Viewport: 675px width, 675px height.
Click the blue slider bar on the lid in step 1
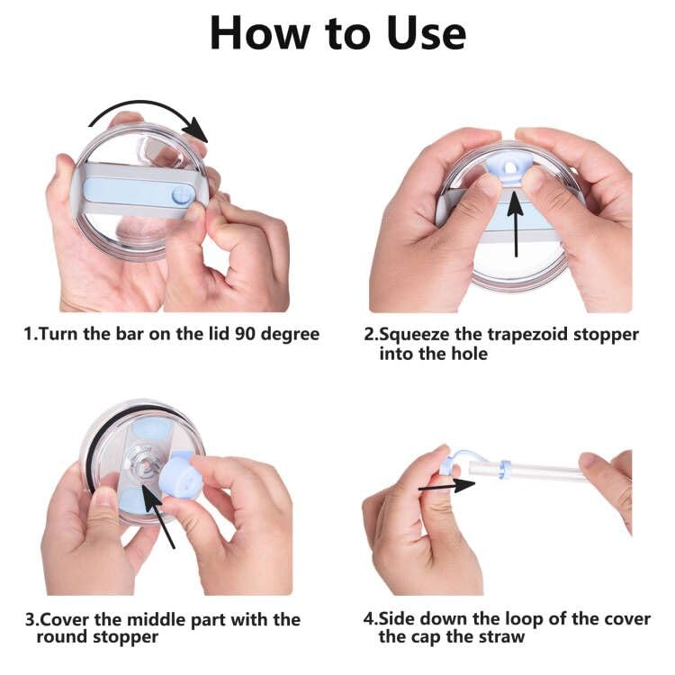click(135, 191)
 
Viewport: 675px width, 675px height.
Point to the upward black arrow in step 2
click(515, 220)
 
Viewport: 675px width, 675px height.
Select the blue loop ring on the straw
click(505, 468)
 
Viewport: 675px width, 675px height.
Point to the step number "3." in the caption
click(31, 620)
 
